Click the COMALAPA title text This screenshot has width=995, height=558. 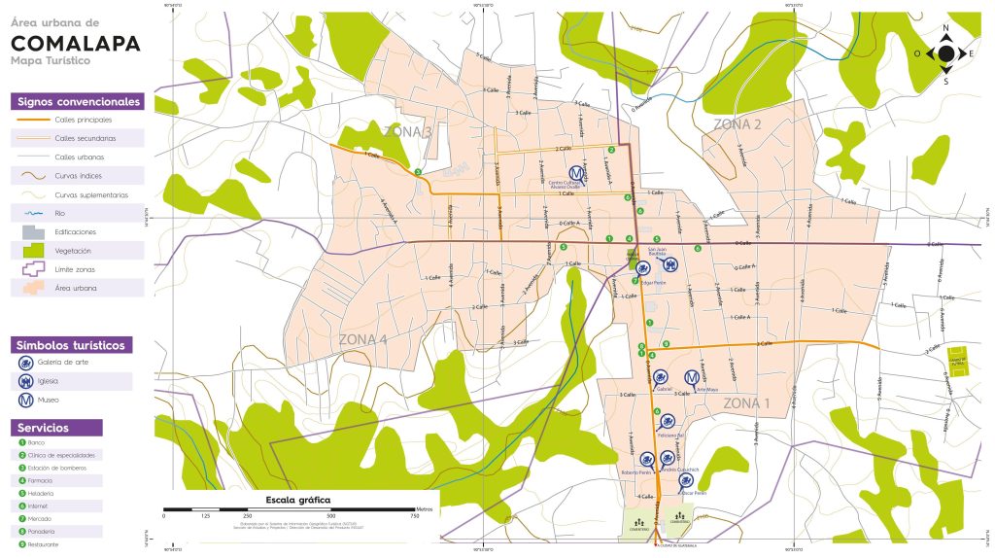tap(76, 43)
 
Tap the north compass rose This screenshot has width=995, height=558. tap(945, 53)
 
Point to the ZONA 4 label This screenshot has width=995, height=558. tap(362, 339)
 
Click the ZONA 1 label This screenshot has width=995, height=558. tap(746, 402)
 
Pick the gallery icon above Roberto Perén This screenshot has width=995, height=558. tap(646, 457)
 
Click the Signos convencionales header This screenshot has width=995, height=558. tap(77, 101)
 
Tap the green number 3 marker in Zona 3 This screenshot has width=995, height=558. tap(417, 172)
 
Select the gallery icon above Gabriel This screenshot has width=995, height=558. tap(660, 377)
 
